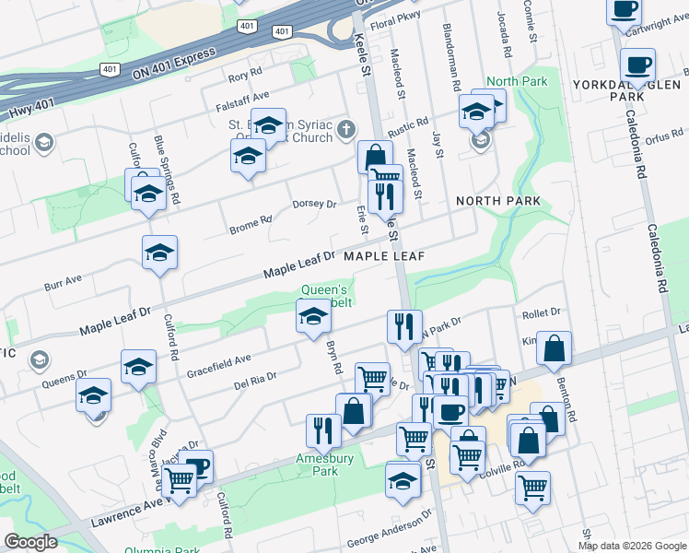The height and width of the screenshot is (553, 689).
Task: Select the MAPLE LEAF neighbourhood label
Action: pyautogui.click(x=383, y=256)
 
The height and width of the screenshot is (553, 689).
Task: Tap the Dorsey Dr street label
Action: pyautogui.click(x=314, y=204)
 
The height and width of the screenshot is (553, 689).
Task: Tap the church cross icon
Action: pyautogui.click(x=345, y=128)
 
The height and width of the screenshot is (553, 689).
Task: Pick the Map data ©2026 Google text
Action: pyautogui.click(x=632, y=545)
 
